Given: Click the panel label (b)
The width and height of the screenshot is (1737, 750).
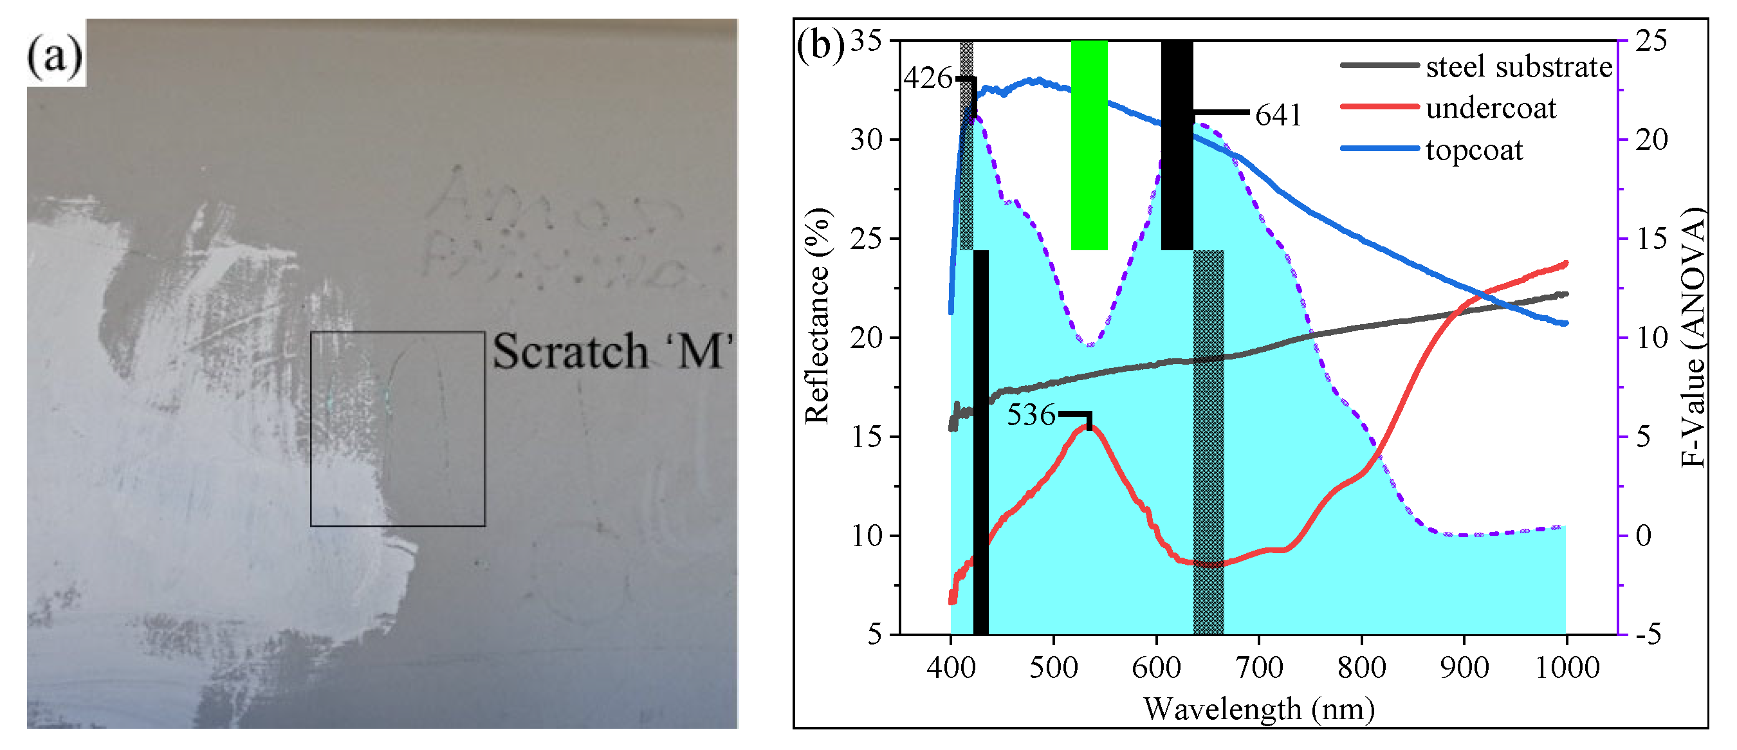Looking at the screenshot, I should tap(820, 46).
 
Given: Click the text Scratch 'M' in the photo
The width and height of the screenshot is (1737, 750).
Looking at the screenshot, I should tap(612, 351).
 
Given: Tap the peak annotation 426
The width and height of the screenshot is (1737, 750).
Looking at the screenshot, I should tap(928, 79).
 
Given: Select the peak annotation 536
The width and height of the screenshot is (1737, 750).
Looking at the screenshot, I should tap(1031, 415).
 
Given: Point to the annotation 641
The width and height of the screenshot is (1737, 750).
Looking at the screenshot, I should tap(1278, 115).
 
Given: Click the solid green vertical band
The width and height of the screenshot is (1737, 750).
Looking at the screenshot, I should tap(1089, 144).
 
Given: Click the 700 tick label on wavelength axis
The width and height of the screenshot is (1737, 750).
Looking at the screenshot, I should tap(1259, 668).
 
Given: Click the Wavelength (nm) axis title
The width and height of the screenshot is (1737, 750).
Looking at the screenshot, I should tap(1258, 709).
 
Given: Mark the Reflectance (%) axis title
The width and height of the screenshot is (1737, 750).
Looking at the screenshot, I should tap(817, 316).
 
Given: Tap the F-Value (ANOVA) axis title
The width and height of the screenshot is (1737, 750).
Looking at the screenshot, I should tap(1693, 337).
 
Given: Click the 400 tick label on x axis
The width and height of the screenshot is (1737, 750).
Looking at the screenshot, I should tap(951, 668).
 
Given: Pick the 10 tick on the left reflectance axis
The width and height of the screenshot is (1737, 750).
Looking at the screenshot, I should tap(867, 536).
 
